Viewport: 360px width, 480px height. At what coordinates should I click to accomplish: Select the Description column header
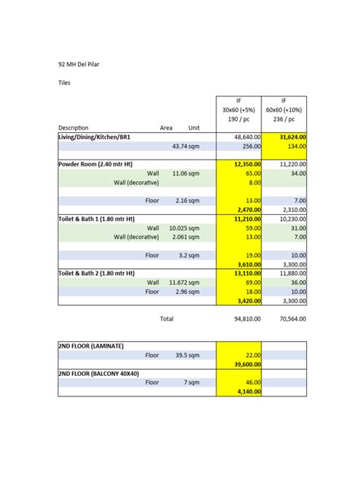[x=74, y=128]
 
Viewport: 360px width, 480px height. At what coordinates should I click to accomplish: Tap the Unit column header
[x=194, y=128]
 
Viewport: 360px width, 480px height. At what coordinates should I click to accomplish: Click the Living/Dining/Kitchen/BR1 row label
[x=99, y=137]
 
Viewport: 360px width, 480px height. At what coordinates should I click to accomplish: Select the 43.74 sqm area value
[x=185, y=147]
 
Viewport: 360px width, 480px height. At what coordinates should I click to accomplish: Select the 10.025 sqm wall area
[x=184, y=228]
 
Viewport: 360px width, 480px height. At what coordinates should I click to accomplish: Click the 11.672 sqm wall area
[x=184, y=282]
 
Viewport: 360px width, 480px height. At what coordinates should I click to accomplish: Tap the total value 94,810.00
[x=246, y=319]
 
